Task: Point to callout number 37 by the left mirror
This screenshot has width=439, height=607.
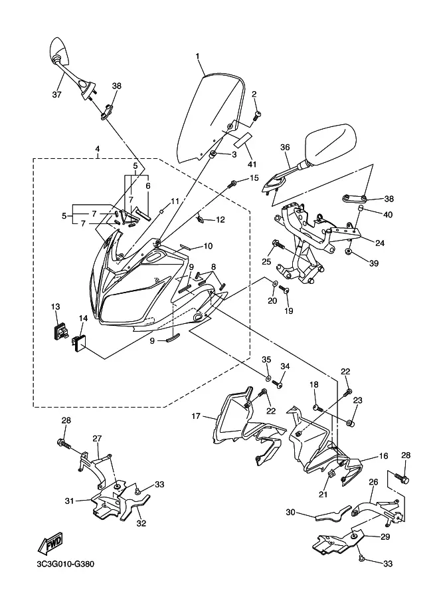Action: tap(56, 95)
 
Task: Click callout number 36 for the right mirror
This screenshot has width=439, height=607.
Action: tap(285, 148)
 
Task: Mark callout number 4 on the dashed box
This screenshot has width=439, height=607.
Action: tap(98, 149)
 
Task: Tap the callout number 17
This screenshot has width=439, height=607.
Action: tap(196, 417)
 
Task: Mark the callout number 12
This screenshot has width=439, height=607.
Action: tap(220, 219)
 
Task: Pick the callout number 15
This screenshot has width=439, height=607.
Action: tap(254, 178)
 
